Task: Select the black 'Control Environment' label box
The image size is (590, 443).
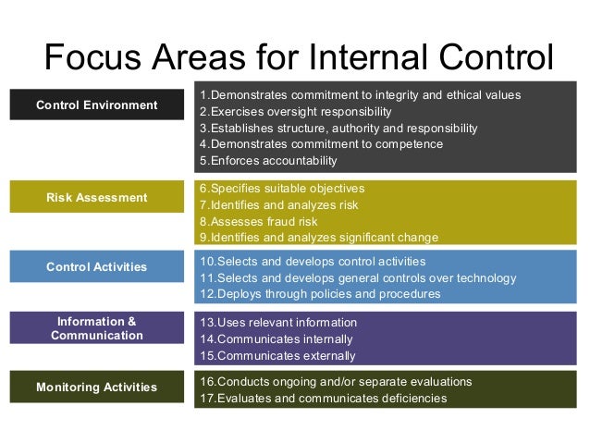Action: tap(97, 105)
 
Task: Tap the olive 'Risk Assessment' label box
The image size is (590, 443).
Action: tap(97, 197)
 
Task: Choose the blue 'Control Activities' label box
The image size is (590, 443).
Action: tap(97, 266)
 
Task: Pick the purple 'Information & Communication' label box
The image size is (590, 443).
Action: tap(97, 328)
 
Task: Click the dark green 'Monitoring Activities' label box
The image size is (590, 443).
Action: tap(97, 387)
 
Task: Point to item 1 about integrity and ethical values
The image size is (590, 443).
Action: tap(360, 95)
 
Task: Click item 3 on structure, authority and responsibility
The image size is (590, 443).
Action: tap(338, 129)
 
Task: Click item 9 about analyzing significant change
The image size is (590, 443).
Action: tap(319, 238)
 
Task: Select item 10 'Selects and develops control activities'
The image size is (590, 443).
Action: tap(313, 261)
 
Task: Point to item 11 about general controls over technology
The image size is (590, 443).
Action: tap(358, 277)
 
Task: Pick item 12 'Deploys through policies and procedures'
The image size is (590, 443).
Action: tap(320, 294)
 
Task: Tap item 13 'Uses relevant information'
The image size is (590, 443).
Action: tap(278, 322)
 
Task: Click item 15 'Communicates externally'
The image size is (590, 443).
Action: tap(277, 355)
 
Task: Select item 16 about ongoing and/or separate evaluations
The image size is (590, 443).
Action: tap(336, 381)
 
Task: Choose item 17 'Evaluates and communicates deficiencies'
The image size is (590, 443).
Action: tap(323, 399)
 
